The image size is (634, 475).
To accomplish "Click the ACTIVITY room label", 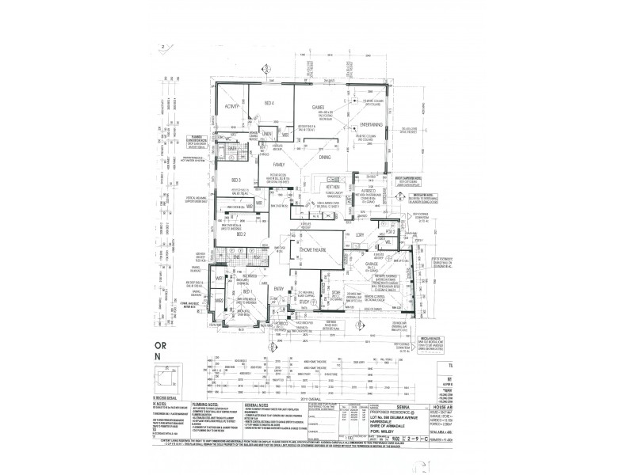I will coord(232,106).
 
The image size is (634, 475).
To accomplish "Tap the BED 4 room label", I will coord(269,104).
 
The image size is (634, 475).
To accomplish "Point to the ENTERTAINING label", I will coord(371,124).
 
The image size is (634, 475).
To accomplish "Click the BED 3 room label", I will coord(235,180).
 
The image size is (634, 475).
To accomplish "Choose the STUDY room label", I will coord(304,301).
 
